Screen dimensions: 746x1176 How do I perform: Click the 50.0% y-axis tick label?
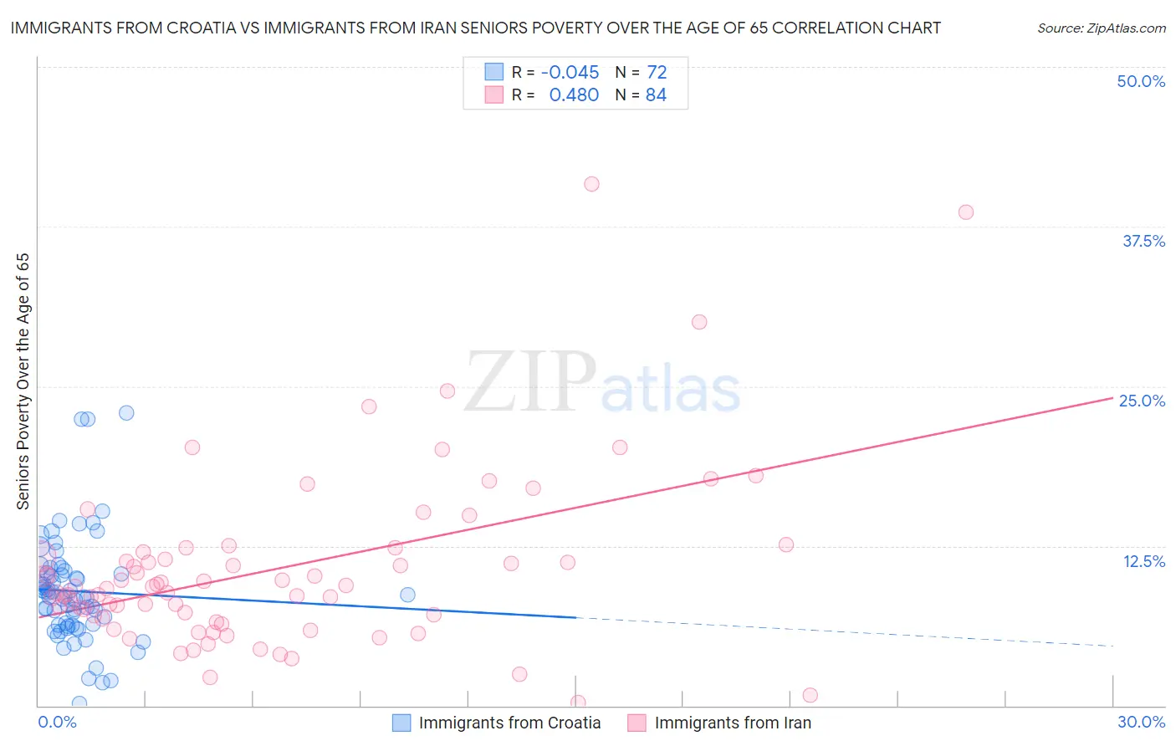[x=1140, y=81]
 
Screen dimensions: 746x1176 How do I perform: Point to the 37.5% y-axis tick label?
[x=1143, y=241]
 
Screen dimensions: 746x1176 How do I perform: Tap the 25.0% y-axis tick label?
[x=1142, y=401]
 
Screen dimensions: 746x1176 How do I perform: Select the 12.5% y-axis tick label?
[x=1143, y=561]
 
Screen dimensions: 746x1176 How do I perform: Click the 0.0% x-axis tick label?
[x=57, y=722]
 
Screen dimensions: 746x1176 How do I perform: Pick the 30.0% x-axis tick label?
[x=1141, y=722]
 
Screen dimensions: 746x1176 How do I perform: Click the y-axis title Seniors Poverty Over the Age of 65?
[x=23, y=381]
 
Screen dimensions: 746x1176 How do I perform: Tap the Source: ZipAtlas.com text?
[x=1101, y=28]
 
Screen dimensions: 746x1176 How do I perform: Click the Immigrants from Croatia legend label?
[x=509, y=723]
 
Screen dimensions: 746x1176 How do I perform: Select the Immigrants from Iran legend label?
[x=733, y=723]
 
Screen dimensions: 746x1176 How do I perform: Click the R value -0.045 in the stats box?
[x=570, y=72]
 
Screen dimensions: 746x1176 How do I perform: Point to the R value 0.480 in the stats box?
[x=574, y=95]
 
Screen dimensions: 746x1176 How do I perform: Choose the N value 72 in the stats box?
[x=657, y=72]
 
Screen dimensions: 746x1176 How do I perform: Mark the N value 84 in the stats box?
[x=656, y=95]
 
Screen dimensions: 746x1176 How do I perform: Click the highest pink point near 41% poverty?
[x=592, y=184]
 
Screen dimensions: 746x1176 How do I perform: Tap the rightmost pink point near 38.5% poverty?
[x=966, y=212]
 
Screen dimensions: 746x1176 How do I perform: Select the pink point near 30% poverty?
[x=699, y=322]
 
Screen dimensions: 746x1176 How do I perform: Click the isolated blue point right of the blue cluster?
[x=407, y=595]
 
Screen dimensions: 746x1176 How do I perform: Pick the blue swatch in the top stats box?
[x=494, y=72]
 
